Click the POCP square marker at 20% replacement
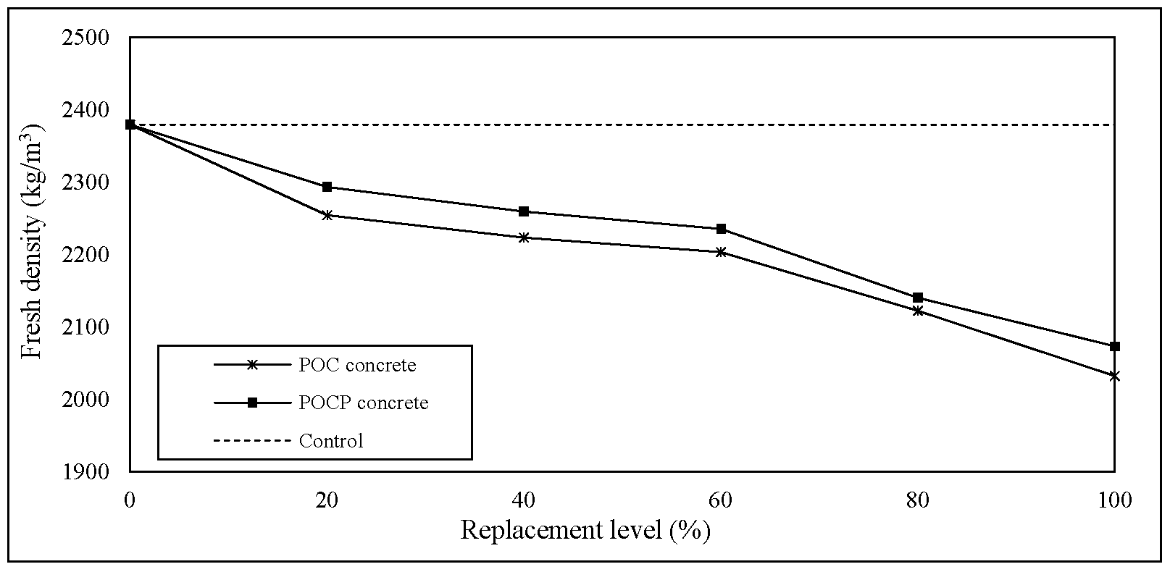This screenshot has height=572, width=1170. point(327,187)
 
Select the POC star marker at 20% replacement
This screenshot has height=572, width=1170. point(327,215)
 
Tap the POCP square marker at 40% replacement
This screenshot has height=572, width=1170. point(524,211)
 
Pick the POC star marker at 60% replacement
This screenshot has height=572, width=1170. point(721,252)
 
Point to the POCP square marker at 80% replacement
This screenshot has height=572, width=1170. point(918,298)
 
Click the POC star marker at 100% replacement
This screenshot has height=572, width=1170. point(1115,376)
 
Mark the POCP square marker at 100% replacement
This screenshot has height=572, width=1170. point(1115,346)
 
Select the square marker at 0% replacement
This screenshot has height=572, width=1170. point(130,125)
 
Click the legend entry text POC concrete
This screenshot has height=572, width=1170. point(357,366)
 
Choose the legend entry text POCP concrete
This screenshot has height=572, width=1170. point(364,403)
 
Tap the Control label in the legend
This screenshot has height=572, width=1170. point(331,440)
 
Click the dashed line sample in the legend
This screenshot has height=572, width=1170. point(252,440)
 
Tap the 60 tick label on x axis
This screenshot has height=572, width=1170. point(721,500)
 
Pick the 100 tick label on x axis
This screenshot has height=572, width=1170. point(1114,500)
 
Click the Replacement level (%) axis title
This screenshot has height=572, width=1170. point(585,531)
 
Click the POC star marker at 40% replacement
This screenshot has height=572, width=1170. point(524,237)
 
